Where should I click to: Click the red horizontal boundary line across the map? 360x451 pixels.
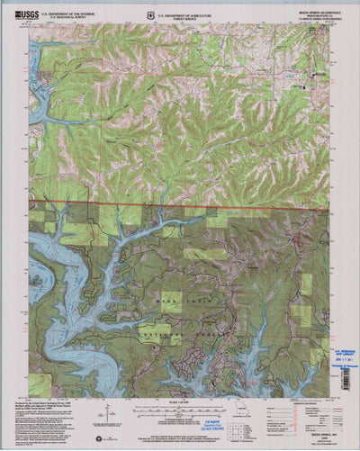(x=180, y=207)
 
